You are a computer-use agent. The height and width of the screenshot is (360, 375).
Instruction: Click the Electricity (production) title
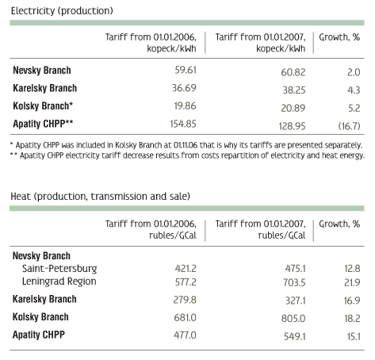pos(62,11)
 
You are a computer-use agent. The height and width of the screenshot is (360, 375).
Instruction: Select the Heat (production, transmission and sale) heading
pos(100,197)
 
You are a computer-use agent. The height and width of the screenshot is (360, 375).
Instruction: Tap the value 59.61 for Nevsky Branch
pos(186,70)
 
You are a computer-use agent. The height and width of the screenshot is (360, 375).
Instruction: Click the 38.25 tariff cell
pos(294,90)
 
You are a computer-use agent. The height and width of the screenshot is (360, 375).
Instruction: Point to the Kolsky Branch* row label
pos(43,105)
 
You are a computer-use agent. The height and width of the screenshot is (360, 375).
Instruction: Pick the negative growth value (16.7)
pos(349,126)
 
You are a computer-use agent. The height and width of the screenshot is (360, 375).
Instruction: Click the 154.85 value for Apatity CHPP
pos(183,124)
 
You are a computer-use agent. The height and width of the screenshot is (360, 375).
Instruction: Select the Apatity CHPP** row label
pos(43,124)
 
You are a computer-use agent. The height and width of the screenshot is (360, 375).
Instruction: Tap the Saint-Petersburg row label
pos(59,268)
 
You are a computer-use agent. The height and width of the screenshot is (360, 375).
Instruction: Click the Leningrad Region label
pos(59,281)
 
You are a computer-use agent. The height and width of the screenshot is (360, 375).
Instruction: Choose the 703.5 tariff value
pos(294,282)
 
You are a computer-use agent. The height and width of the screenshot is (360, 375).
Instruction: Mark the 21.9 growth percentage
pos(352,282)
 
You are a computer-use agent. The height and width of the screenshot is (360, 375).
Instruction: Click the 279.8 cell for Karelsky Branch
pos(185,300)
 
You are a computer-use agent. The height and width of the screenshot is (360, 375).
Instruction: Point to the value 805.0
pos(293,319)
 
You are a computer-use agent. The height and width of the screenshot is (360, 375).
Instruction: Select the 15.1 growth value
pos(354,336)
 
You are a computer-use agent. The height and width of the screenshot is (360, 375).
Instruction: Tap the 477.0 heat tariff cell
pos(185,335)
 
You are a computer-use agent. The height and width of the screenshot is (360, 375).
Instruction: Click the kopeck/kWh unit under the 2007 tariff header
pos(281,48)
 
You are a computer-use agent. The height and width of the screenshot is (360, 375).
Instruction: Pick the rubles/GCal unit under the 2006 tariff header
pos(173,236)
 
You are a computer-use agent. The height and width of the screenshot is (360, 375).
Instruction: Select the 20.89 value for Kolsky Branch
pos(293,108)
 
